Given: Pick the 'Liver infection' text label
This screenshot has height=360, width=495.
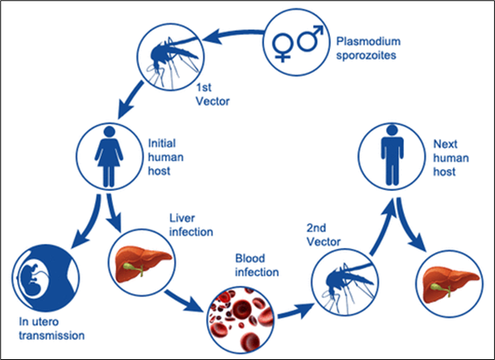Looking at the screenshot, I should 192,225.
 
